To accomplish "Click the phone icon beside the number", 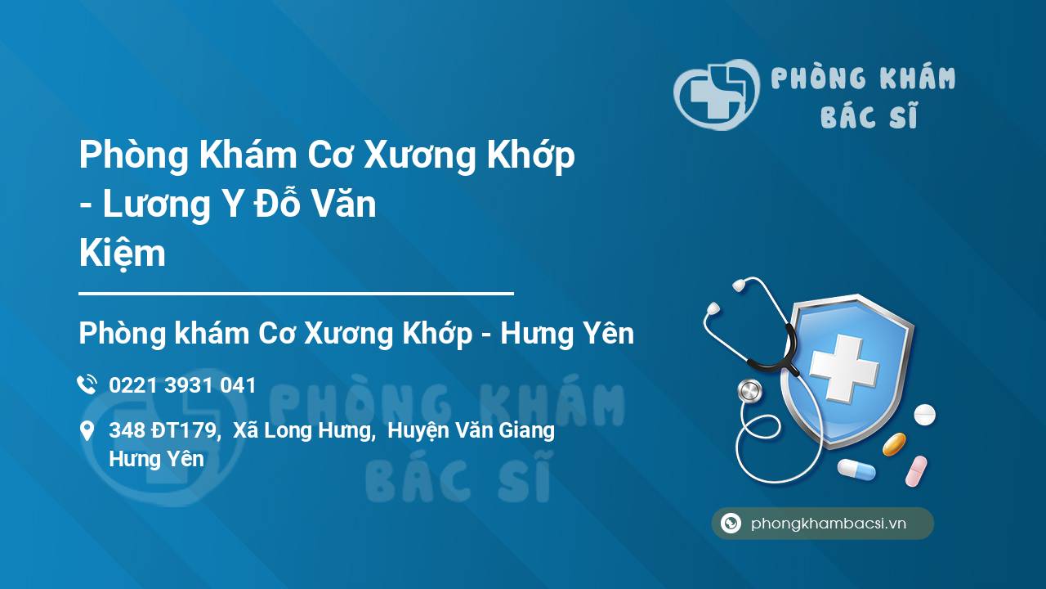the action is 87,384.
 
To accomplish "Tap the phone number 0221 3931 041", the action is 182,385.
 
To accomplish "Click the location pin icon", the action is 87,430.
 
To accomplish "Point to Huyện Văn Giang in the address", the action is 472,431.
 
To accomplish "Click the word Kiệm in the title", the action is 123,254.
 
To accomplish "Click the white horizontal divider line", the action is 296,294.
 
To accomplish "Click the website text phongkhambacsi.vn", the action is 829,524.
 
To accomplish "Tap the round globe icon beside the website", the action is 731,523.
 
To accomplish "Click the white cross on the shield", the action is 844,369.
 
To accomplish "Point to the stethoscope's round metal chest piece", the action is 749,391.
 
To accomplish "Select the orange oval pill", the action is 894,444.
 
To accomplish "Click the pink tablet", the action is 916,471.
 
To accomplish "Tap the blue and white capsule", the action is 856,470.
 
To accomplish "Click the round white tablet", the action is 924,415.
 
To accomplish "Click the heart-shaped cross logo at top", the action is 716,94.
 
